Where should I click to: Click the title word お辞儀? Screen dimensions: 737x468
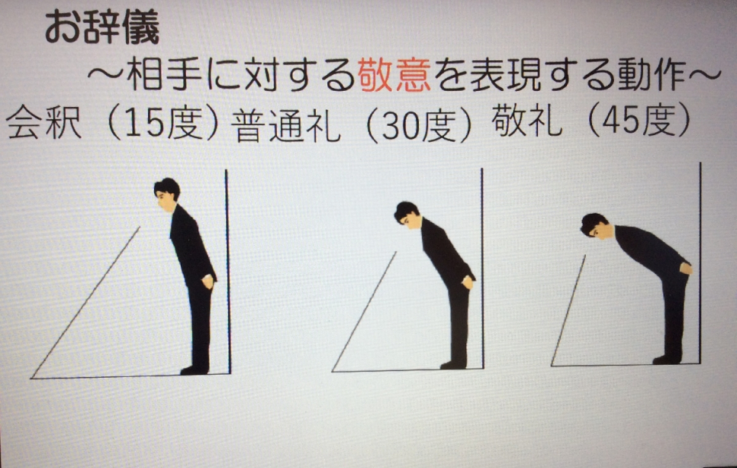102,27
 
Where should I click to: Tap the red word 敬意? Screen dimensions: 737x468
394,76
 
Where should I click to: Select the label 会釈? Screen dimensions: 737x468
43,122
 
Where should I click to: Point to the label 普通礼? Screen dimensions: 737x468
286,125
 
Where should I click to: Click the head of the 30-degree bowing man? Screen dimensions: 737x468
407,215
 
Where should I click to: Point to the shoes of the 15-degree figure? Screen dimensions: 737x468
195,370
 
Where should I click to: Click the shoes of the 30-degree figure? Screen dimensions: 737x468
453,364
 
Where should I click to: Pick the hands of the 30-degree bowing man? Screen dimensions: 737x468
468,282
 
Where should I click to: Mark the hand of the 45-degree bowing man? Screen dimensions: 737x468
686,269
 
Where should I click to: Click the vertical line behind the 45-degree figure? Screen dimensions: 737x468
700,263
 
